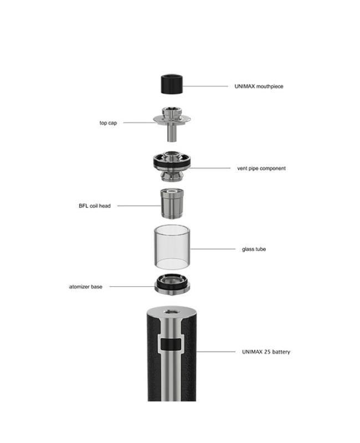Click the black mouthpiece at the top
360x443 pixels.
click(x=172, y=84)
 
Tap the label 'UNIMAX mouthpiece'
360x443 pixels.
click(x=259, y=86)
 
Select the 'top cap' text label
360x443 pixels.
click(x=108, y=123)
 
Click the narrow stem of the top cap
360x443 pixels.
click(x=171, y=133)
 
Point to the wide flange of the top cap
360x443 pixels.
click(x=172, y=120)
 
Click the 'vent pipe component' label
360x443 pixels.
click(x=261, y=168)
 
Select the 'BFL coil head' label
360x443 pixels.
click(x=95, y=206)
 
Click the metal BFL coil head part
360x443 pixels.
click(x=172, y=203)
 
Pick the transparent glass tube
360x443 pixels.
click(x=172, y=247)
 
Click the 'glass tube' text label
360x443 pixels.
click(x=254, y=249)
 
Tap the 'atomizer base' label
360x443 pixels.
click(x=86, y=287)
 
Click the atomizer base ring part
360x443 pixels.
click(x=172, y=285)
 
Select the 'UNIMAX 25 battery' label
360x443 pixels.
click(x=266, y=352)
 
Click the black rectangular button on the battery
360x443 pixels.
click(x=171, y=344)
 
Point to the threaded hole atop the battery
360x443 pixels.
click(x=171, y=312)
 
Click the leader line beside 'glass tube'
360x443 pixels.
click(x=213, y=249)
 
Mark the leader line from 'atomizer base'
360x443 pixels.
click(x=132, y=287)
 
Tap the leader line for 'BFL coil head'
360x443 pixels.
click(x=139, y=206)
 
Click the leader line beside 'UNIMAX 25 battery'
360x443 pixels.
click(x=215, y=352)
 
